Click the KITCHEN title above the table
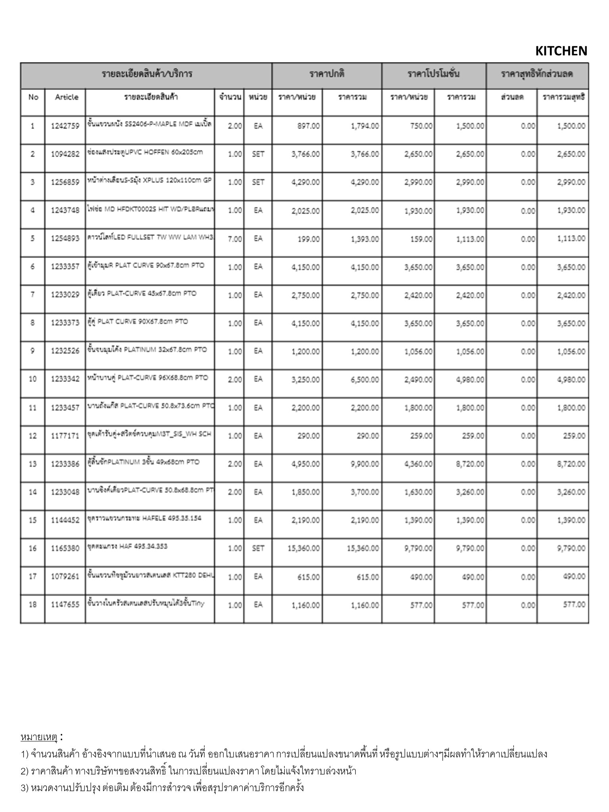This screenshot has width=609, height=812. pyautogui.click(x=561, y=51)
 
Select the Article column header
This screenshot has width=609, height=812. pyautogui.click(x=67, y=97)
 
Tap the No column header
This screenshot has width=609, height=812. pyautogui.click(x=33, y=97)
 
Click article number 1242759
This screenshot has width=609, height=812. pyautogui.click(x=65, y=126)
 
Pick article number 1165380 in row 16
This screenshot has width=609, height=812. pyautogui.click(x=65, y=549)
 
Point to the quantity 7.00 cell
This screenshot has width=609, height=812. pyautogui.click(x=235, y=239)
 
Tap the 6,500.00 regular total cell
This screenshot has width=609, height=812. pyautogui.click(x=364, y=379)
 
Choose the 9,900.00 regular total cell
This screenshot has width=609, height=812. pyautogui.click(x=364, y=464)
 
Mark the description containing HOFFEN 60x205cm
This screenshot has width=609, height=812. pyautogui.click(x=145, y=152)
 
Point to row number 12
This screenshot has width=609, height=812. pyautogui.click(x=33, y=436)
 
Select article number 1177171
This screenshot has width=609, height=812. pyautogui.click(x=65, y=436)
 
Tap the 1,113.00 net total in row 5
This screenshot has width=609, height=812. pyautogui.click(x=571, y=239)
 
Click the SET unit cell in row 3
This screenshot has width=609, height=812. pyautogui.click(x=258, y=182)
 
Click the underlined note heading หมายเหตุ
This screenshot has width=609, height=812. pyautogui.click(x=39, y=737)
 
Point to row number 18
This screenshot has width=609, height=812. pyautogui.click(x=33, y=605)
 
